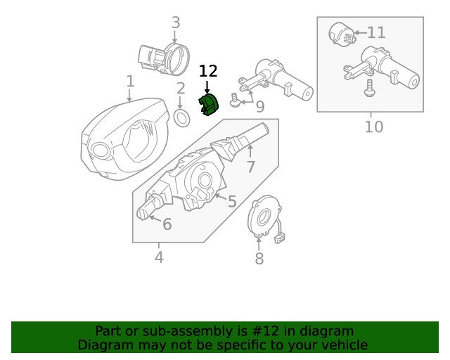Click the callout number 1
pos(130,82)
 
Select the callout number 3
pos(176,23)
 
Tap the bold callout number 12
pos(208,71)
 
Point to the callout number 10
pos(373,127)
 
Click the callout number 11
pos(376,32)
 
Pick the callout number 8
pos(259,259)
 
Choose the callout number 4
pos(159,257)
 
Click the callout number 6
pos(167,224)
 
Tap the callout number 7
pos(250,167)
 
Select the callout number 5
pos(231,202)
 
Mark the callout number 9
pos(259,107)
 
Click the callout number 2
pos(181,89)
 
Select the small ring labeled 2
pos(181,117)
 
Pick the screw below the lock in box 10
pos(369,88)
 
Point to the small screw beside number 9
pos(236,104)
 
